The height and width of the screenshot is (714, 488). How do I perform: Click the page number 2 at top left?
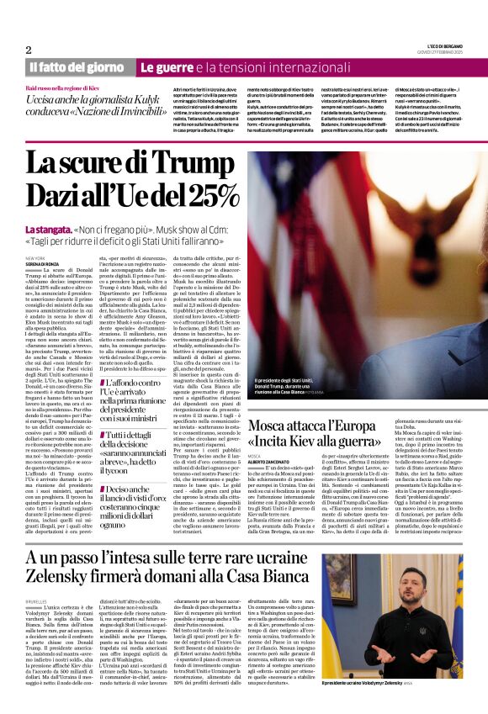click(x=29, y=50)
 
